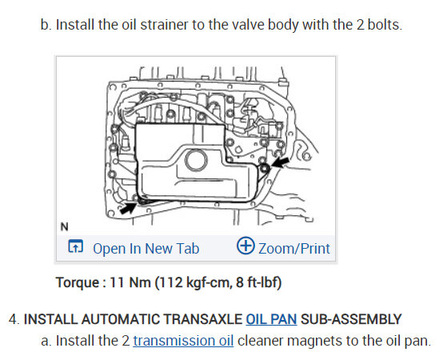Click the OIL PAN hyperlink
(x=271, y=319)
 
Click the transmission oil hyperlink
(x=183, y=341)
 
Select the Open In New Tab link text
(x=146, y=249)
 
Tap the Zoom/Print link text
(x=294, y=249)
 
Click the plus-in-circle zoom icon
(x=245, y=246)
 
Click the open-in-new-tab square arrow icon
(x=75, y=246)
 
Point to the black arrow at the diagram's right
(x=280, y=163)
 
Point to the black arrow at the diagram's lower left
(x=128, y=207)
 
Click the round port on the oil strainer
(x=196, y=160)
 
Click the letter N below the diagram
(x=65, y=226)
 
